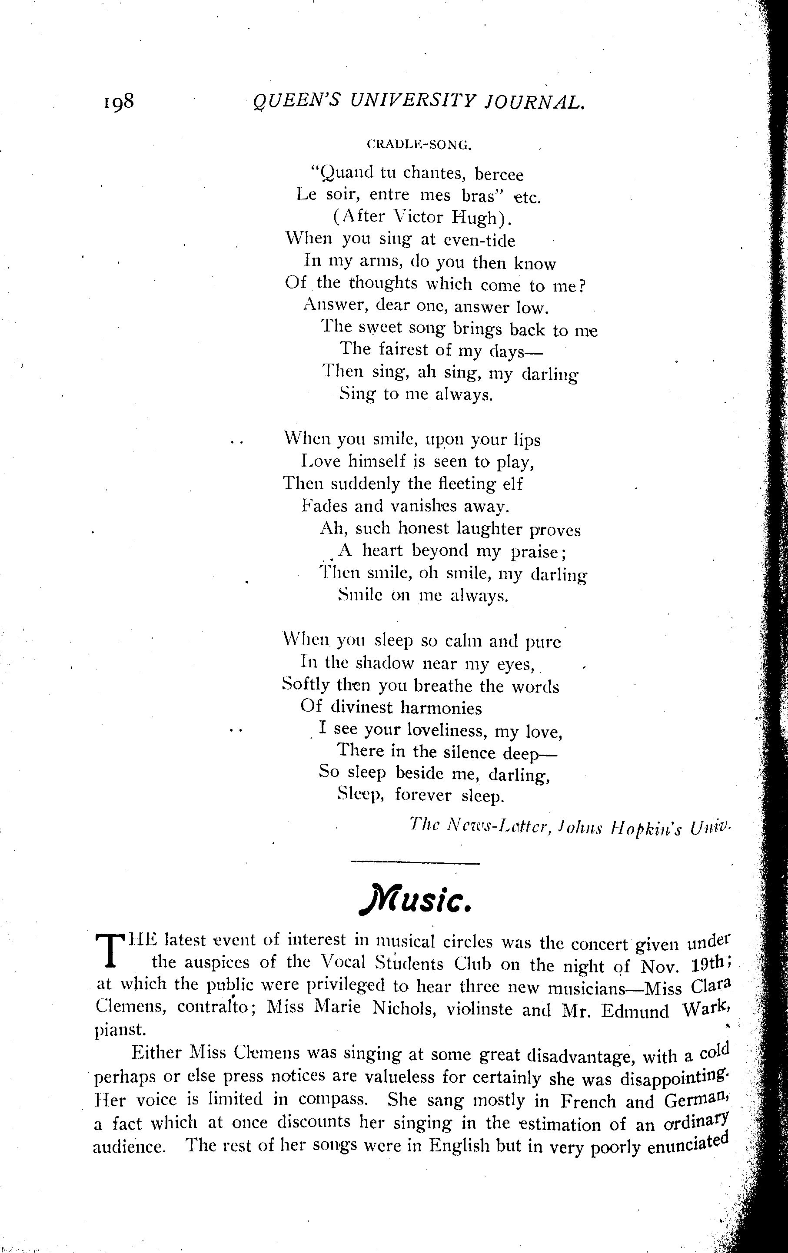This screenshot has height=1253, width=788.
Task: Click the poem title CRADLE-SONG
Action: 419,145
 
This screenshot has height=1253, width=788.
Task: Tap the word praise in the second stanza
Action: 538,551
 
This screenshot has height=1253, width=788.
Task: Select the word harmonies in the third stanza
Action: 441,707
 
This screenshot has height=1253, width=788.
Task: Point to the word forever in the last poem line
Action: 422,795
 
